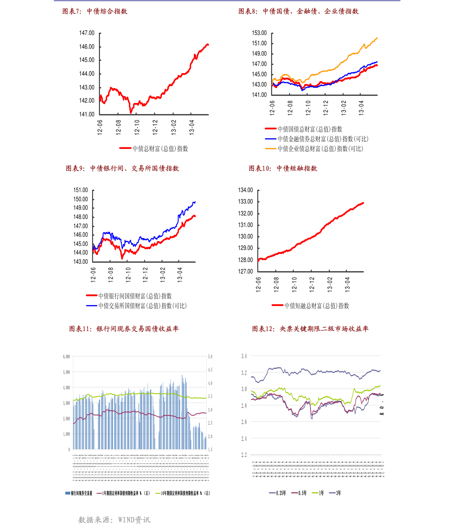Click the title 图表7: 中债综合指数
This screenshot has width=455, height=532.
click(95, 11)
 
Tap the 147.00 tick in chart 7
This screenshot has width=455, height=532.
click(87, 33)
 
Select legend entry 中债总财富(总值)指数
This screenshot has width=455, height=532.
click(160, 149)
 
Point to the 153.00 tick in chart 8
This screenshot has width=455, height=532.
click(259, 33)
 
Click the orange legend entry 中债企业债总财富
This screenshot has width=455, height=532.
click(320, 149)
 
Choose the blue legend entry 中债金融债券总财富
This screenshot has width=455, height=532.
click(323, 139)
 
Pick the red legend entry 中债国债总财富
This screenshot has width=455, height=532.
click(310, 129)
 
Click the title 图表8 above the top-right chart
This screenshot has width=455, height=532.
click(298, 11)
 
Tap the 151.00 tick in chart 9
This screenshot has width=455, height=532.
click(81, 190)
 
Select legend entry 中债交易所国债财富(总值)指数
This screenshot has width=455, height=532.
click(142, 306)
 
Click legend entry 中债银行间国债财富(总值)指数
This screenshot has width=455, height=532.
click(135, 296)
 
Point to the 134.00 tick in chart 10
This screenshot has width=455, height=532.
click(245, 190)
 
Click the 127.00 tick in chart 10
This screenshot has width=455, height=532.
click(245, 271)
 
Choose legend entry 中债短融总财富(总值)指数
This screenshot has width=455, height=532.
click(317, 306)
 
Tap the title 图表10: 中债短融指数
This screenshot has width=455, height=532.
click(283, 168)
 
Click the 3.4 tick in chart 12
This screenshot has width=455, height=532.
click(244, 356)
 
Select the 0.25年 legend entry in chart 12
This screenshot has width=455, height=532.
click(281, 493)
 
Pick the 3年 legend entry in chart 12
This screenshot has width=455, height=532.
click(338, 493)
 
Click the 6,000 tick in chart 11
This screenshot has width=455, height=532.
click(66, 357)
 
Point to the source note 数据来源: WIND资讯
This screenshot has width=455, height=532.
click(114, 520)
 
